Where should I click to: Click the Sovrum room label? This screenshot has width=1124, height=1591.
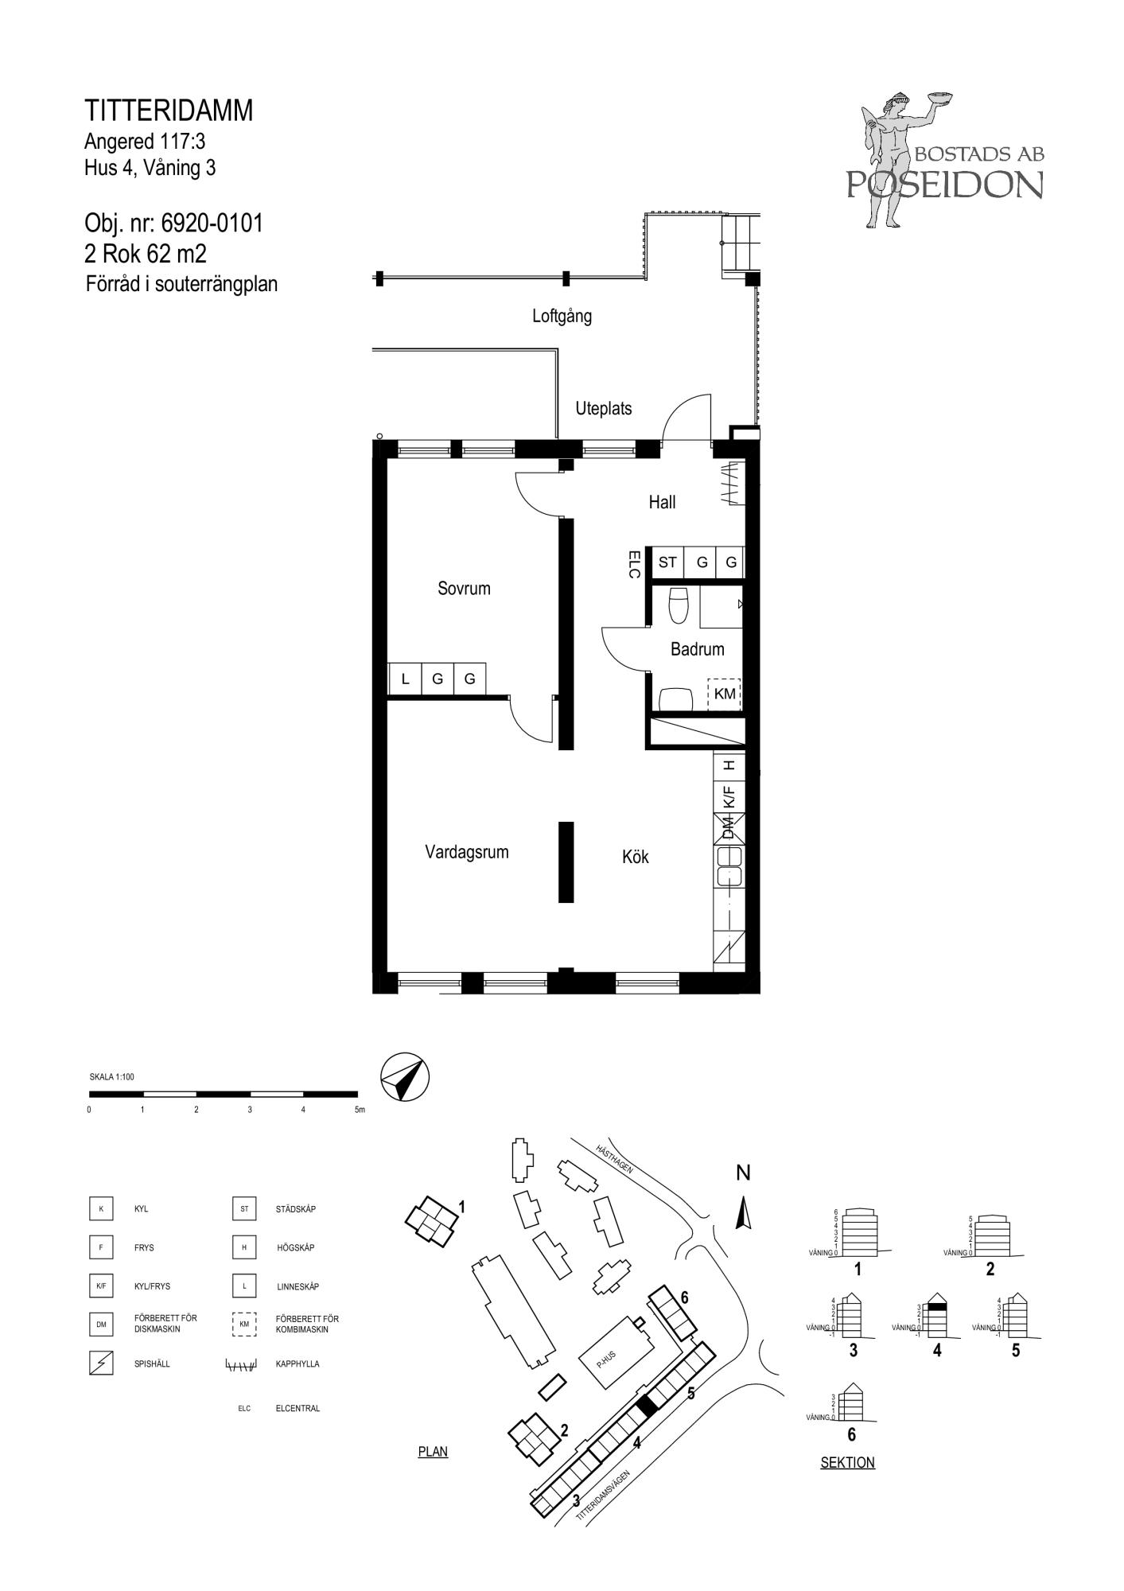(x=464, y=589)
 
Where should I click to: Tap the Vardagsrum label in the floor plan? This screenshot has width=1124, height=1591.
(x=466, y=853)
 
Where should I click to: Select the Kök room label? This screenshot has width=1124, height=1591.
(x=636, y=857)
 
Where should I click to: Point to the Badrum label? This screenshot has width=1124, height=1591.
(x=698, y=649)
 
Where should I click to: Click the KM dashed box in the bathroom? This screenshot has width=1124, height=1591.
(x=724, y=694)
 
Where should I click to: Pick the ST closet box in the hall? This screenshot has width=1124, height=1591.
(x=668, y=562)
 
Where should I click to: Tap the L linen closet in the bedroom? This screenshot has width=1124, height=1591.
(x=405, y=679)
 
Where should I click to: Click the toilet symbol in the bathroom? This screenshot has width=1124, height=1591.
(x=679, y=605)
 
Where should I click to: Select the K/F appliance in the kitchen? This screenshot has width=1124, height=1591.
(x=729, y=796)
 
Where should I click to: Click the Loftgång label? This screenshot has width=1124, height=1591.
(x=562, y=316)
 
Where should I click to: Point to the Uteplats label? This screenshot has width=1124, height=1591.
(x=604, y=409)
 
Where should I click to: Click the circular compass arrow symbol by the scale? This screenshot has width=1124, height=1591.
(x=405, y=1078)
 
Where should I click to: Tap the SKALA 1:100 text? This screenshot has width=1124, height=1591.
(x=112, y=1077)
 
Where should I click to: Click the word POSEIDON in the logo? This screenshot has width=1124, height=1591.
(x=944, y=185)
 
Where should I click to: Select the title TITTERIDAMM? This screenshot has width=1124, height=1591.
(x=169, y=111)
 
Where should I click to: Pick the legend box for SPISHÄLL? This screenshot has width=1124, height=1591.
(x=101, y=1364)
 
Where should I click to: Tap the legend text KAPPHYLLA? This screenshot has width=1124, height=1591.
(x=298, y=1364)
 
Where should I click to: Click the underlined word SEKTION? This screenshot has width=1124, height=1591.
(x=847, y=1462)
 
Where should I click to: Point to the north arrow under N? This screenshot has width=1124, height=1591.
(x=744, y=1214)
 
